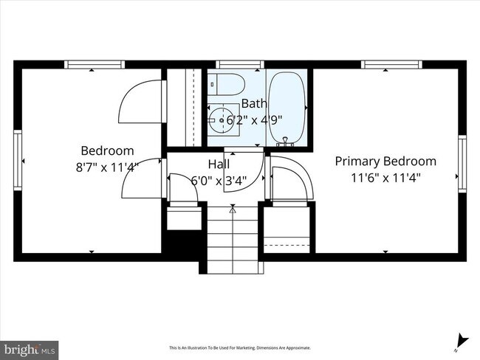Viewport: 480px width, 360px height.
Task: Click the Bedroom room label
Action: (107, 150)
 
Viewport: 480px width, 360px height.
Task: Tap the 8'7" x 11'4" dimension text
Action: (107, 167)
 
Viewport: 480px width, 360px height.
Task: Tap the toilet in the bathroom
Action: (222, 83)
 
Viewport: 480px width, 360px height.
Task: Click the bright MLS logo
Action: (30, 347)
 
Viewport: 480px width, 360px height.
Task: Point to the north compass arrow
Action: (462, 341)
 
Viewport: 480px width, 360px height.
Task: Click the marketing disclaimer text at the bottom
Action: (240, 347)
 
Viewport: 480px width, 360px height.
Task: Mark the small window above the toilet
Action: (239, 65)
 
